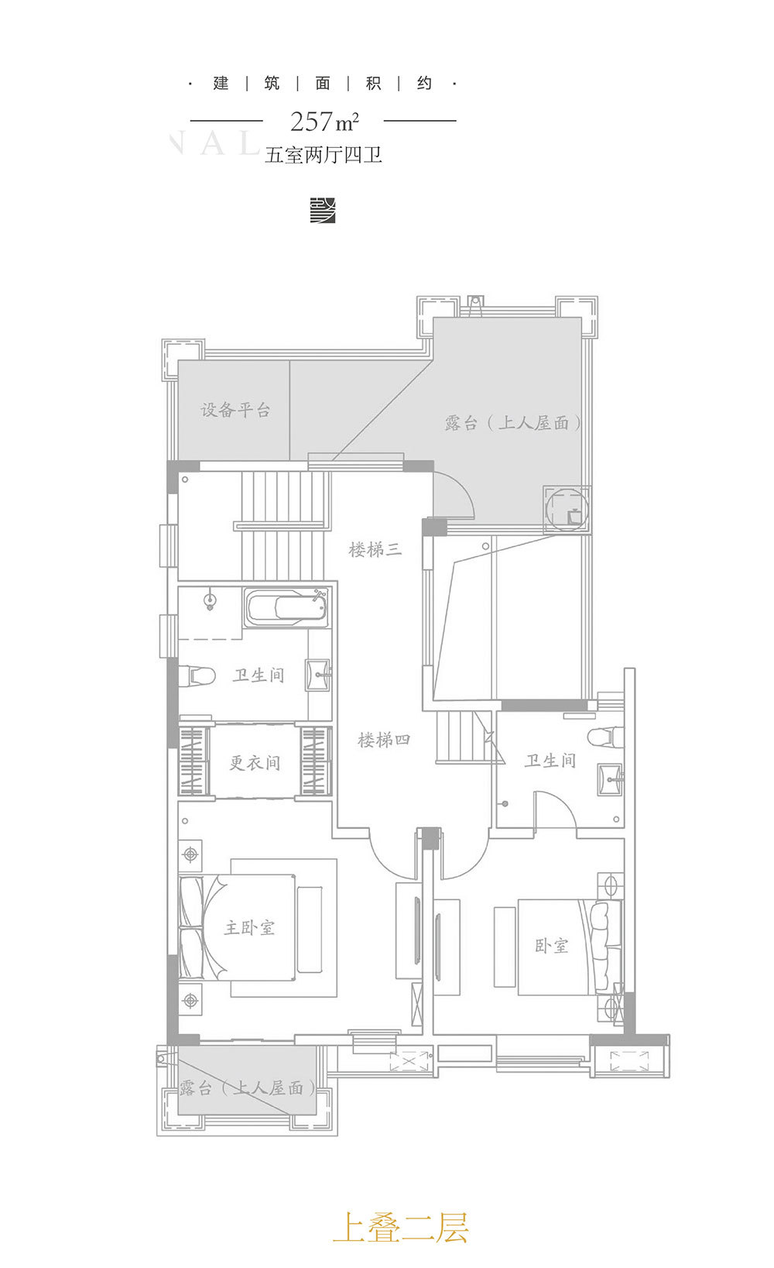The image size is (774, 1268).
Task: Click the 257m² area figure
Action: point(324,122)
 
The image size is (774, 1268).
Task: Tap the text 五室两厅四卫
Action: point(324,155)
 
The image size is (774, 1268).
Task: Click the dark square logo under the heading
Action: point(323,210)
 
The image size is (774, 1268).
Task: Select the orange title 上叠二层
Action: point(401,1228)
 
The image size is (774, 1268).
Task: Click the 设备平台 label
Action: point(235,411)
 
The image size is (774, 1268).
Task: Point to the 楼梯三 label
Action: point(375,550)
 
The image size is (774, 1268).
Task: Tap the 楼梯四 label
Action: point(384,741)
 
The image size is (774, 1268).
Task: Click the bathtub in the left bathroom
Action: point(286,607)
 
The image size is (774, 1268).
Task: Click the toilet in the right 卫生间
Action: point(603,736)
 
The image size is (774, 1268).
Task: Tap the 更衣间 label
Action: point(255,763)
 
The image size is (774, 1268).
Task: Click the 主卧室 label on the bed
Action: point(249,927)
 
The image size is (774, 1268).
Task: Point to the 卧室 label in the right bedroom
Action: point(552,946)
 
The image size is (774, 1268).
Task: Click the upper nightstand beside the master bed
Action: point(190,854)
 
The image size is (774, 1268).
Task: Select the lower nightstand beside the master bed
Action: point(190,1002)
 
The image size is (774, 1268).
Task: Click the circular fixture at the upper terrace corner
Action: point(567,510)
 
